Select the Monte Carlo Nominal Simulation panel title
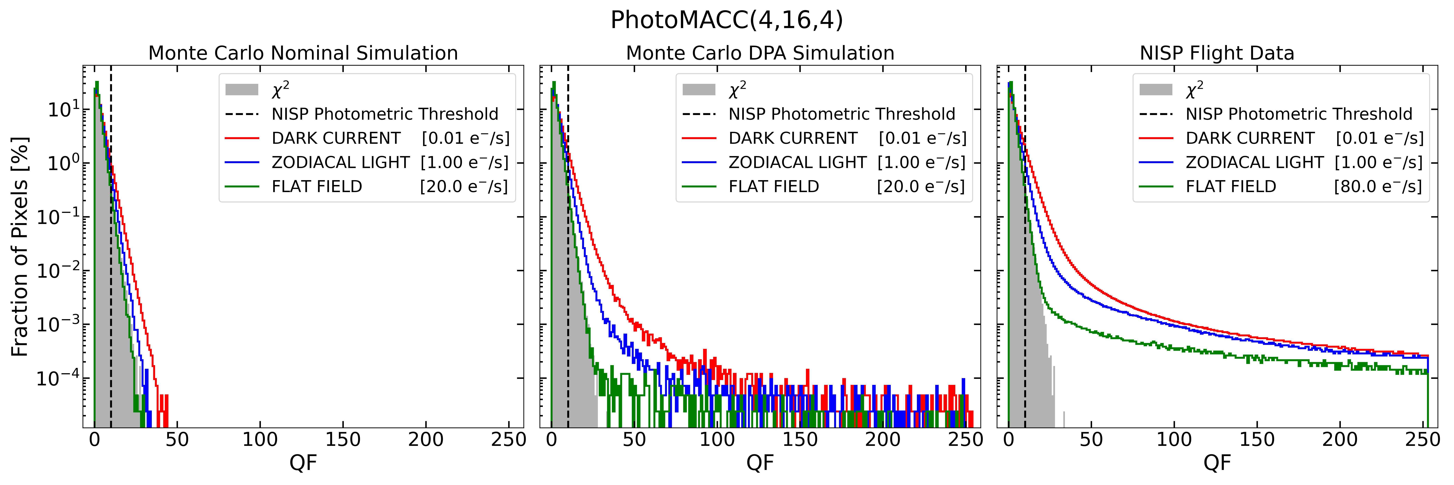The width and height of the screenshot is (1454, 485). coord(303,53)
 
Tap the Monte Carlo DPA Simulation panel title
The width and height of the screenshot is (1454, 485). coord(760,53)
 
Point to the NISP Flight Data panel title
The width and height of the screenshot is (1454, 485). coord(1217,53)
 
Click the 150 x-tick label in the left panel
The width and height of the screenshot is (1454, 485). coord(343,439)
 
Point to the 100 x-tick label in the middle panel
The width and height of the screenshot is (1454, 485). coord(717,439)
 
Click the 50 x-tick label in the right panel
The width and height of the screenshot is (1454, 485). coord(1091,439)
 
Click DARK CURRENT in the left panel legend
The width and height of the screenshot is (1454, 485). coord(336,138)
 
